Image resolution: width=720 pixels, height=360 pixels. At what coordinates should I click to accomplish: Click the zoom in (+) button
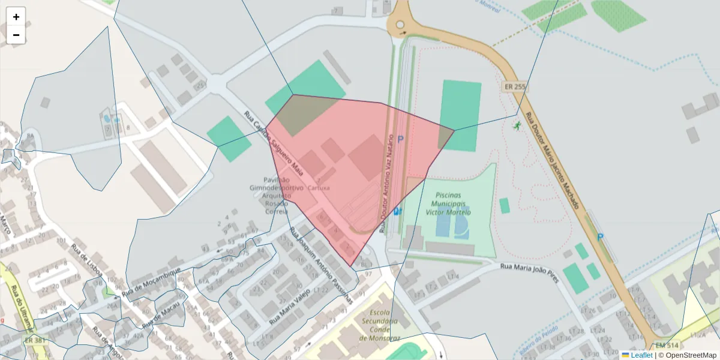[x=16, y=17]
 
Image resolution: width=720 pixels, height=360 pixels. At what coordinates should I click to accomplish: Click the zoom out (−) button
[x=16, y=35]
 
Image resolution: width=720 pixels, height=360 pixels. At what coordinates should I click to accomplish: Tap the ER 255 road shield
[x=515, y=87]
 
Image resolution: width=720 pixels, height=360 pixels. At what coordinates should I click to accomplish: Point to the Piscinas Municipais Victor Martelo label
[x=448, y=204]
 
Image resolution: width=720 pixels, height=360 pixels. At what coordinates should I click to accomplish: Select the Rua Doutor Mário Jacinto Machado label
[x=552, y=161]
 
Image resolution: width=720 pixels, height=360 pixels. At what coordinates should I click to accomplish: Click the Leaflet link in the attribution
[x=641, y=355]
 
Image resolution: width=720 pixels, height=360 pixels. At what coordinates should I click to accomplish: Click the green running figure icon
[x=517, y=125]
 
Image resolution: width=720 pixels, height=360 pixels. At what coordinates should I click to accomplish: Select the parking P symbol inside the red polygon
[x=400, y=140]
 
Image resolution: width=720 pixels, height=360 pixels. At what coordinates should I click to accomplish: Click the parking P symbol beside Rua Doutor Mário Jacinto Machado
[x=600, y=237]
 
